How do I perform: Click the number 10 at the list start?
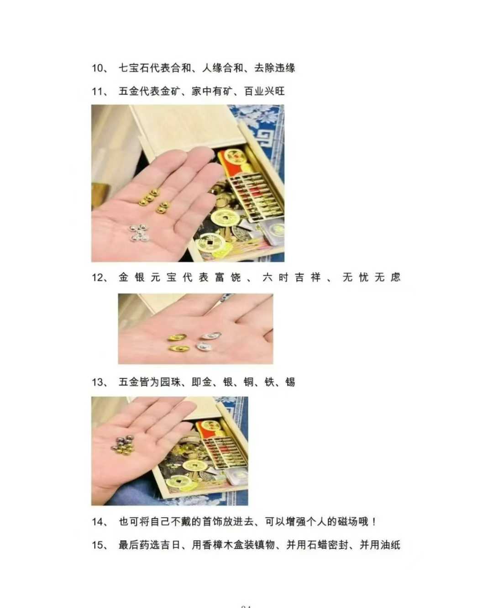(97, 68)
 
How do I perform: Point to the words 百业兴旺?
(264, 91)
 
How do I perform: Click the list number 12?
(97, 278)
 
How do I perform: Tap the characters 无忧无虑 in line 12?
(372, 277)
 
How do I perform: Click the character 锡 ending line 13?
(290, 382)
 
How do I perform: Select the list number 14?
(97, 522)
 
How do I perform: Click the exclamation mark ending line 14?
(374, 522)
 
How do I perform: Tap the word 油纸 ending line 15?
(390, 545)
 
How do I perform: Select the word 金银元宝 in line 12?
(147, 277)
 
